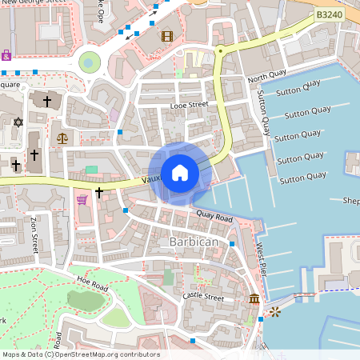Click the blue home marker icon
[179, 172]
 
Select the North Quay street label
[266, 78]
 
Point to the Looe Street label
[189, 105]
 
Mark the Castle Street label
[202, 296]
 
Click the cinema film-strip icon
[166, 35]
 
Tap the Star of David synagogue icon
[18, 122]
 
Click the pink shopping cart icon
[82, 198]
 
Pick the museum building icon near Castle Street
[254, 298]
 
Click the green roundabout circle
[90, 61]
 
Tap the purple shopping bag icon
[6, 55]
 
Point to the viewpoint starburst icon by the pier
[275, 310]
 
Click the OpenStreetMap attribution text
[80, 354]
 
